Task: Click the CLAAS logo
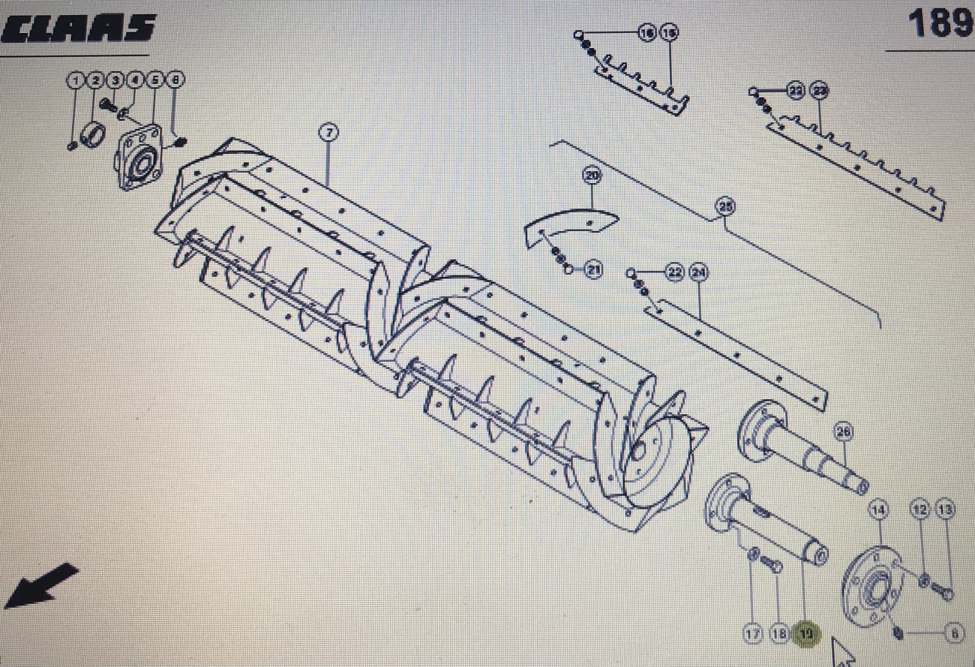(x=79, y=29)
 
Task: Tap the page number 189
(x=940, y=25)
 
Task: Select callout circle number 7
(x=328, y=133)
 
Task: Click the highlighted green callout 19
(x=806, y=635)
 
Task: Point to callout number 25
(x=724, y=206)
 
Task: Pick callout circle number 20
(x=592, y=176)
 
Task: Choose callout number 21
(x=593, y=270)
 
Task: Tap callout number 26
(x=844, y=431)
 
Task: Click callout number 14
(x=878, y=510)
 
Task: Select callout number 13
(x=946, y=510)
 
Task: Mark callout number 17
(x=753, y=634)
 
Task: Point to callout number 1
(x=76, y=80)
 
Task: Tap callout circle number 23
(x=820, y=92)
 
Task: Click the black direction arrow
(x=41, y=586)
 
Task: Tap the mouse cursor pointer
(x=842, y=651)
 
